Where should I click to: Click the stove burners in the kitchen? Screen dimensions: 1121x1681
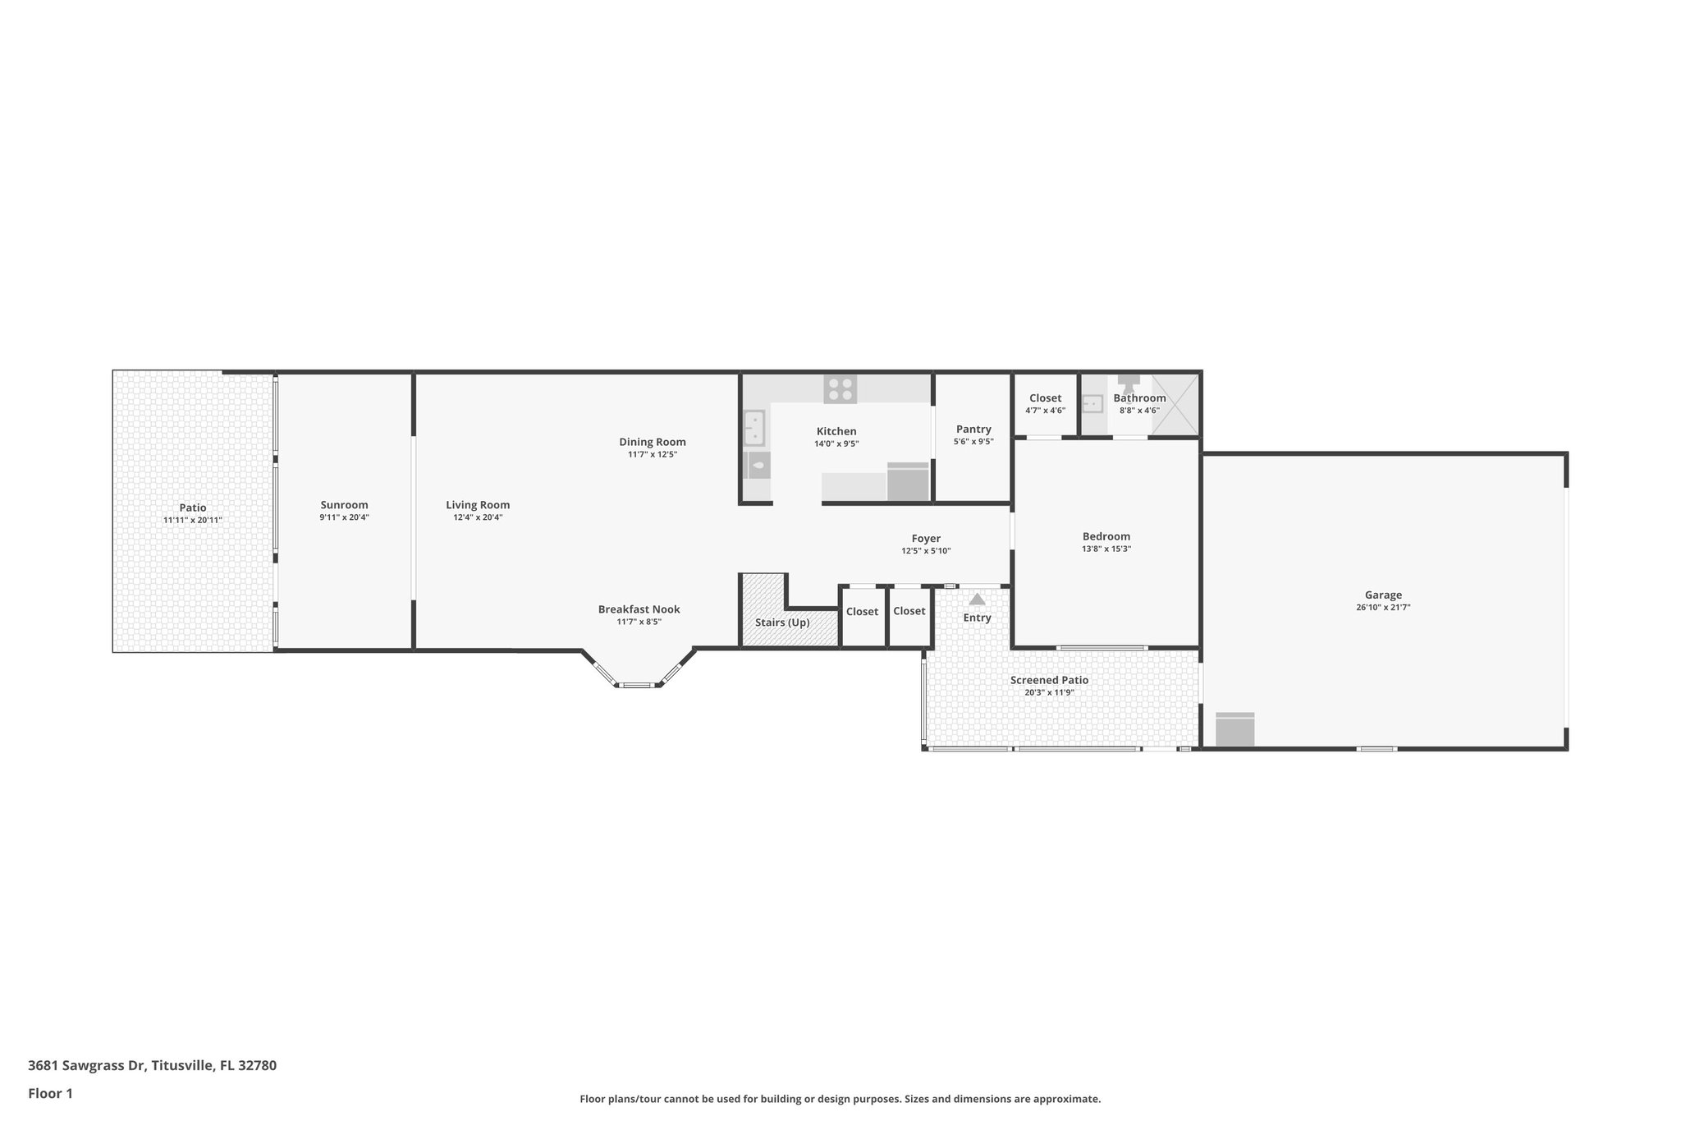tap(840, 388)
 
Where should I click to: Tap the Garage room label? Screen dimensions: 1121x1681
tap(1383, 595)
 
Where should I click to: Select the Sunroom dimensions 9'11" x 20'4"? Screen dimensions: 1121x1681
tap(344, 518)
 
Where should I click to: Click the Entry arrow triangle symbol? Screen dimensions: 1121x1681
tap(977, 600)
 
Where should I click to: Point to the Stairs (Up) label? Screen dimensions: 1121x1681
tap(782, 623)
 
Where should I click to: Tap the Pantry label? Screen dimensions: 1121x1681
tap(973, 430)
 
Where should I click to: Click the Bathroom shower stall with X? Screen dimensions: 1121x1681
tap(1175, 405)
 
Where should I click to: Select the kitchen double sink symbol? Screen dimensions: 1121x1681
tap(754, 428)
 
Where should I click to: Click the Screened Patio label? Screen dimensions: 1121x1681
tap(1049, 680)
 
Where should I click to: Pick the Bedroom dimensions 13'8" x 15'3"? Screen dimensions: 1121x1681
tap(1106, 549)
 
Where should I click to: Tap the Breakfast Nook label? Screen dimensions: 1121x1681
tap(639, 609)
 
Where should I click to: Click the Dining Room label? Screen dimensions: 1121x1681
tap(652, 442)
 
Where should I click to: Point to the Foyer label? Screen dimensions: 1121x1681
tap(926, 539)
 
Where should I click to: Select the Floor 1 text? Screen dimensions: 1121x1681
tap(50, 1094)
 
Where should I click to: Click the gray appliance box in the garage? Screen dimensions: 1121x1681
tap(1234, 729)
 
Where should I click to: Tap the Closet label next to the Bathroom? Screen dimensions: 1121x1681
tap(1045, 398)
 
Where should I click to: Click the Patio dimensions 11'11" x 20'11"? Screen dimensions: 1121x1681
tap(192, 521)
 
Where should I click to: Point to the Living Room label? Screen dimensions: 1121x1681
tap(478, 505)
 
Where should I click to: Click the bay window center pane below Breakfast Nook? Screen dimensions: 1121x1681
tap(637, 684)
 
